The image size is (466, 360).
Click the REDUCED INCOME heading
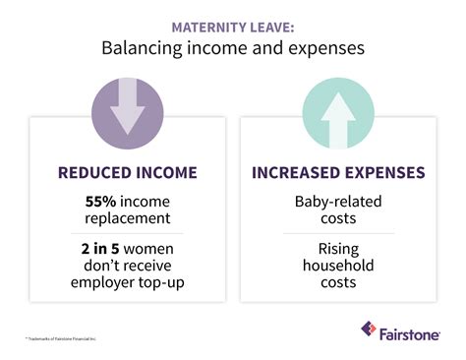pos(128,174)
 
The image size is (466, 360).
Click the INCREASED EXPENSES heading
pos(338,174)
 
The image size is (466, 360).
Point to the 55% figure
pos(101,200)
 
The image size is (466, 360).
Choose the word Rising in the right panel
pos(338,249)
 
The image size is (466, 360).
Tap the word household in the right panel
pos(338,267)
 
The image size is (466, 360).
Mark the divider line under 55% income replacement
pos(128,233)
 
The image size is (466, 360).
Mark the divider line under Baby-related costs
pos(338,233)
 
